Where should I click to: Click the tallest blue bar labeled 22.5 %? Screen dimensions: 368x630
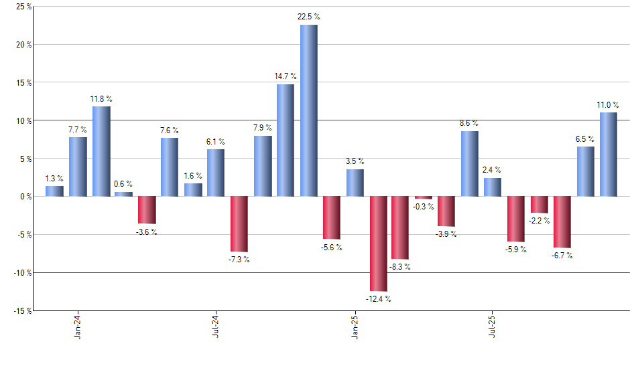[x=309, y=110]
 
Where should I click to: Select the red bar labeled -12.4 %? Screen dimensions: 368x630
[x=378, y=244]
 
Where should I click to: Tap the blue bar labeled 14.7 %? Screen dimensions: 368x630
[x=286, y=140]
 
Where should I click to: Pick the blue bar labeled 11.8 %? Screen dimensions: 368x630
[x=101, y=151]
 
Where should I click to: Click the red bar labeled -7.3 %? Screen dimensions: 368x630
[x=239, y=223]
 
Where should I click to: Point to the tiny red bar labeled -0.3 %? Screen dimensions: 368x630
[x=424, y=197]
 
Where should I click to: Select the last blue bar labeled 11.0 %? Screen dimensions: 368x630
[x=608, y=154]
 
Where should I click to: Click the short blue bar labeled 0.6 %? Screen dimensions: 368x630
[x=124, y=194]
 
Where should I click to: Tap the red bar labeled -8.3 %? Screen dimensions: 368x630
[x=401, y=227]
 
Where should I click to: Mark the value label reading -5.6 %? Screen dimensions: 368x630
[x=332, y=248]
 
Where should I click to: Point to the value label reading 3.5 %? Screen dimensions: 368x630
[x=355, y=161]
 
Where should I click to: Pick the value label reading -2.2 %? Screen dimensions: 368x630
[x=539, y=221]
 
